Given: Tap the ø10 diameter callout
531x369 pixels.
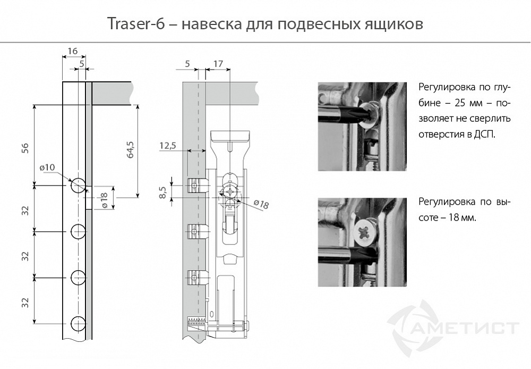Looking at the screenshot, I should pos(47,167).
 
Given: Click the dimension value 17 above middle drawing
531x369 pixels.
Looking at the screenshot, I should pos(218,64).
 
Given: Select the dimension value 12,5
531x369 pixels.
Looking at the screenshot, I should pos(167,145).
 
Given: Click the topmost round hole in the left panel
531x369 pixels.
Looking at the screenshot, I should pos(78,185).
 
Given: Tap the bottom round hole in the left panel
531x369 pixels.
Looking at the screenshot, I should pos(78,322).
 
